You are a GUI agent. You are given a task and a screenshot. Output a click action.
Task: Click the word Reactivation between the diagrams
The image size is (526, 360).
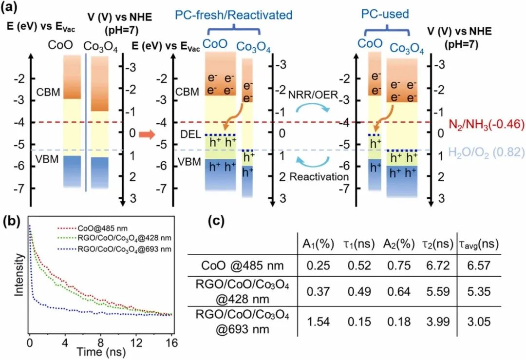point(319,177)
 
